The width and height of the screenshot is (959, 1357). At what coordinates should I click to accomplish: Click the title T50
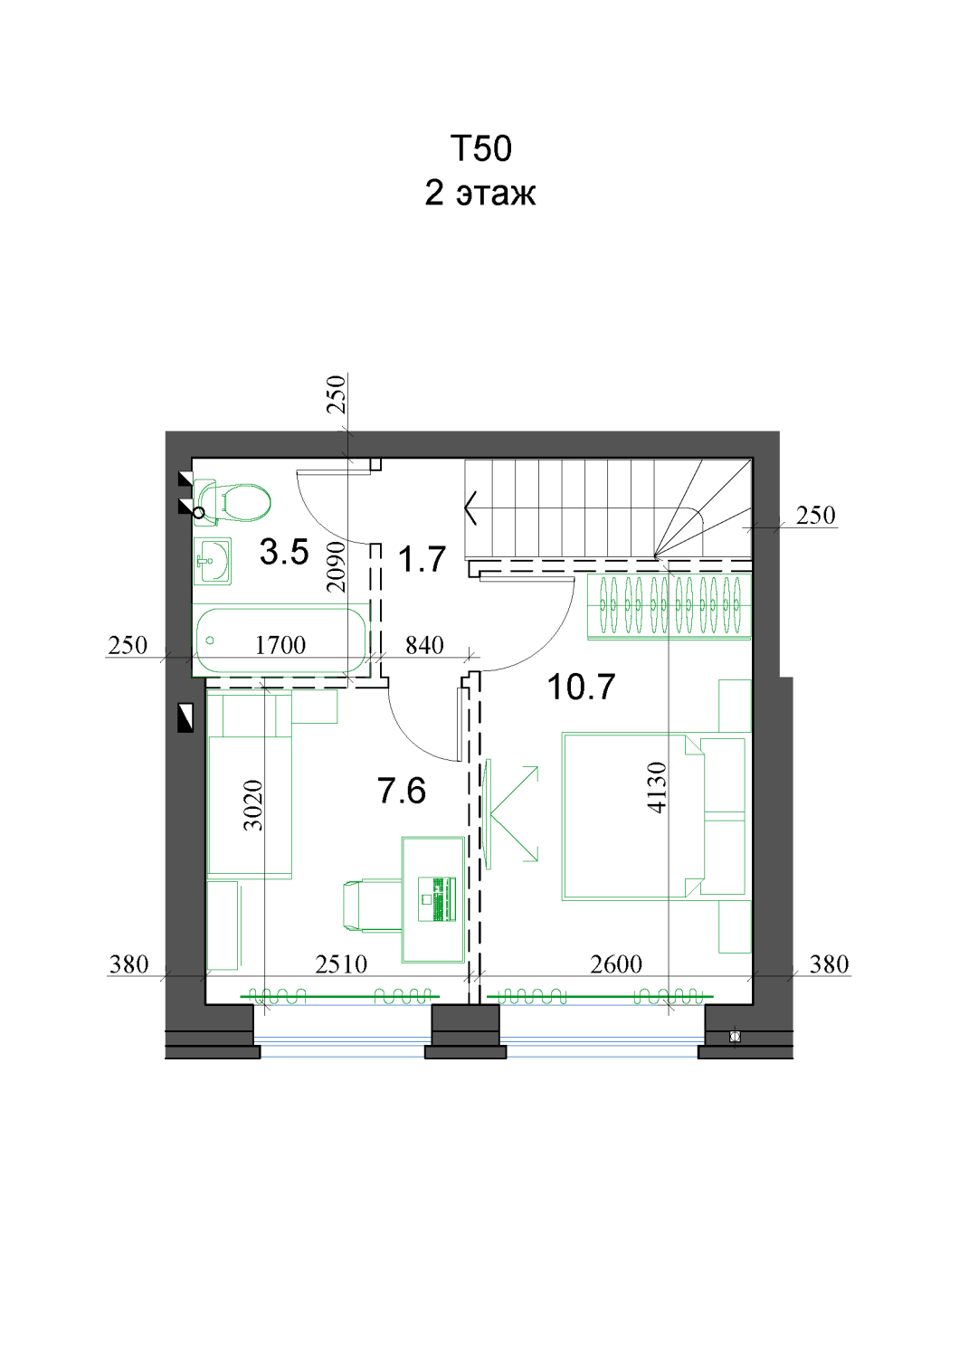481,148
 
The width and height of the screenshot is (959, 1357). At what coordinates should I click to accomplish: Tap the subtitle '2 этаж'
480,194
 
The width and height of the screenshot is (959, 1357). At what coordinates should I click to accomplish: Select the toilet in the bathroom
233,501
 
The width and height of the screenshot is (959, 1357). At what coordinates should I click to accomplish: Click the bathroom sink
213,561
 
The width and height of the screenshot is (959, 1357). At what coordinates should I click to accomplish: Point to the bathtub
280,640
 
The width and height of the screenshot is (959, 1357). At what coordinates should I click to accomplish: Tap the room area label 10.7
581,687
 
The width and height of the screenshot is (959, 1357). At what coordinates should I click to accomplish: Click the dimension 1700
280,646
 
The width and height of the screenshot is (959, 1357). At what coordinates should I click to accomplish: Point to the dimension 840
424,646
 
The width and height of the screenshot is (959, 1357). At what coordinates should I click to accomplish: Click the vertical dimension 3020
252,804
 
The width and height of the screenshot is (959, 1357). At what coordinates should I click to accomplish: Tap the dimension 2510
341,964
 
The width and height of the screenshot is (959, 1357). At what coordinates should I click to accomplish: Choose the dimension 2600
616,964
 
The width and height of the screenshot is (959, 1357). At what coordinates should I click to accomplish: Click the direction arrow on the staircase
470,507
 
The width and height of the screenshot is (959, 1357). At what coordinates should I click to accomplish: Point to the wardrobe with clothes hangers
669,606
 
